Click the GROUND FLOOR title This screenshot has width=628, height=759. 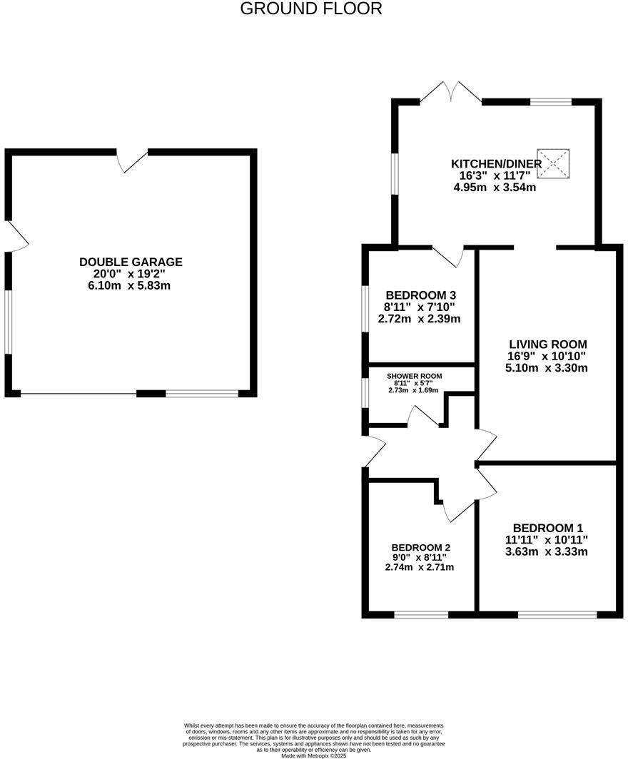click(311, 9)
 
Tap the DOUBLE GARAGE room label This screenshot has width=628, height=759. click(131, 262)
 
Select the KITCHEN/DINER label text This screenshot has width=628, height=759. click(497, 163)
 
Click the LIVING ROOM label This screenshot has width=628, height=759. click(547, 344)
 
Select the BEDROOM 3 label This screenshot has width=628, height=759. click(420, 295)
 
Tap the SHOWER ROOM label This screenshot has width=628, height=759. click(414, 376)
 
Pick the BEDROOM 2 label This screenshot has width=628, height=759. click(420, 547)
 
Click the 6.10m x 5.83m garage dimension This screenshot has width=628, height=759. click(131, 285)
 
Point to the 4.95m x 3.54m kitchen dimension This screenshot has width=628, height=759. click(495, 188)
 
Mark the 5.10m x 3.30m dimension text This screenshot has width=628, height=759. click(547, 368)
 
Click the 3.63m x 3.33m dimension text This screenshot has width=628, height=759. click(547, 551)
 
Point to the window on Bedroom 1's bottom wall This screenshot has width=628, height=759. click(557, 613)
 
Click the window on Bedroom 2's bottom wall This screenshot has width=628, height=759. click(421, 613)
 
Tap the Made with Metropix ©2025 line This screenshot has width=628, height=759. click(313, 755)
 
